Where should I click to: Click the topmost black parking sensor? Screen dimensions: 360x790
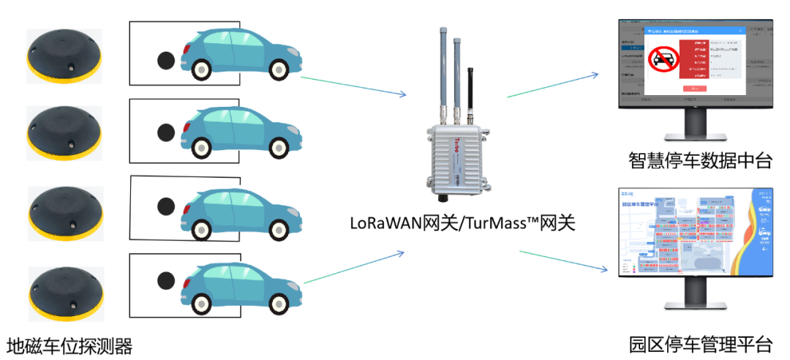point(64,56)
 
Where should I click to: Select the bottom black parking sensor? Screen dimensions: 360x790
point(66,293)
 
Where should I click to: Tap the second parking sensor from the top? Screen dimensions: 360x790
point(64,133)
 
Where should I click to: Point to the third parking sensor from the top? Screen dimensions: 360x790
point(65,213)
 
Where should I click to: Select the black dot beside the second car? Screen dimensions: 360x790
point(166,132)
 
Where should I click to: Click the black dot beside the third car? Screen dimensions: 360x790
point(166,207)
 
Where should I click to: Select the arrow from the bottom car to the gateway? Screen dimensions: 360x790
point(354,268)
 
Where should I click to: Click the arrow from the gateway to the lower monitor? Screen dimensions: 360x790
point(563,260)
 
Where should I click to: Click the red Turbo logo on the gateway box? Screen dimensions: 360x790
point(440,137)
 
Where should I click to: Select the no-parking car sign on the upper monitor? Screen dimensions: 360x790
point(663,59)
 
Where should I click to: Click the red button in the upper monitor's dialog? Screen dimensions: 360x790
point(694,89)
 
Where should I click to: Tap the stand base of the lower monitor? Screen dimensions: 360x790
point(696,307)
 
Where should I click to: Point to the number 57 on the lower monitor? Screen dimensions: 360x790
point(764,220)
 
